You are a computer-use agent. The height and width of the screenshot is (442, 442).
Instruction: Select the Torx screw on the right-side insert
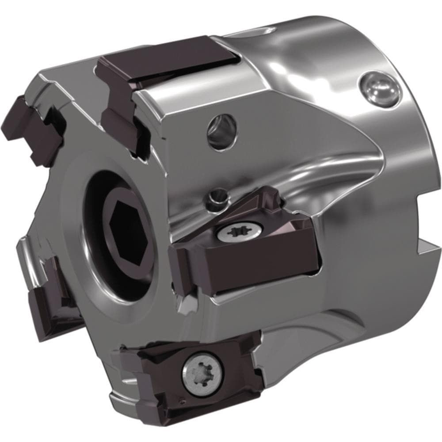pos(232,231)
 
